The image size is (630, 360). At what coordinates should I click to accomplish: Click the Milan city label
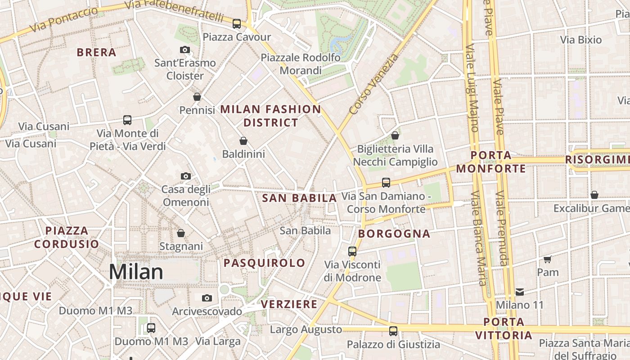(136, 272)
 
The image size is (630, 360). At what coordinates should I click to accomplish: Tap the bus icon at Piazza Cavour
(237, 24)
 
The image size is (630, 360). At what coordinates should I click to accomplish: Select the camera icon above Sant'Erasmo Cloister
(184, 50)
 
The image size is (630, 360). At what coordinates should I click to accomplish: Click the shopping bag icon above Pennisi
(197, 97)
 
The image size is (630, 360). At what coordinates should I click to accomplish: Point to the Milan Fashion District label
(270, 116)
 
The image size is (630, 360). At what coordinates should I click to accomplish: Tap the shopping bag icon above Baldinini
(243, 141)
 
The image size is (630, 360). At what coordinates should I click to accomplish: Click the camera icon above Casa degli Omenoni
(185, 176)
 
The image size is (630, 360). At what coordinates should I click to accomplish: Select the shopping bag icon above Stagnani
(181, 233)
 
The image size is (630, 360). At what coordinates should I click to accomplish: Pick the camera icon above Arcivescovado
(207, 298)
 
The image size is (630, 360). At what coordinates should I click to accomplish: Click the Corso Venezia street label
(373, 84)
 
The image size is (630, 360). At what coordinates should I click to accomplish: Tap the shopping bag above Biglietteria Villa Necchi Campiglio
(395, 135)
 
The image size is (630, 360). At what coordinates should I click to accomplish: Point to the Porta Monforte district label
(491, 162)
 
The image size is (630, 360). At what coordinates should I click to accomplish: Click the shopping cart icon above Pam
(548, 259)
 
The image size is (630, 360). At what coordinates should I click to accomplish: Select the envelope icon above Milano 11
(520, 292)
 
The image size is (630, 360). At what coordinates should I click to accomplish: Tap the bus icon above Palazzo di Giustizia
(393, 331)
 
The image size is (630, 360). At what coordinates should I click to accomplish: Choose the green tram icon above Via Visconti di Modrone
(352, 251)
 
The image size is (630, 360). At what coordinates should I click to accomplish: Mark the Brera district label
(96, 52)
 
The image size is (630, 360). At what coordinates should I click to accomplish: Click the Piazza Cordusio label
(67, 237)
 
